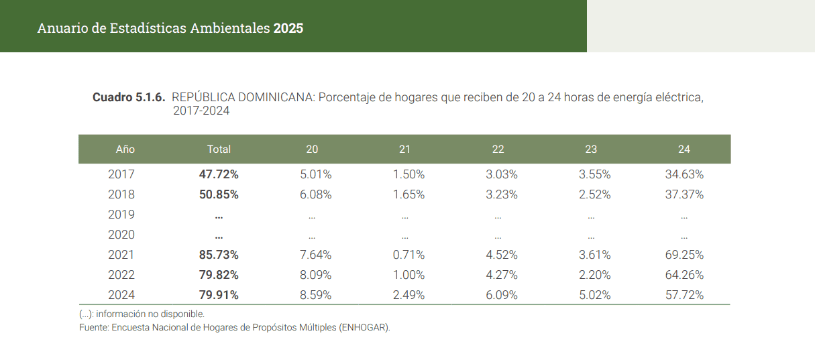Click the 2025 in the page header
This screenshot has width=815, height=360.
[288, 28]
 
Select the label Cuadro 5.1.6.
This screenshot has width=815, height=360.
[129, 97]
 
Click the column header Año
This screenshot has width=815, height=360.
[125, 149]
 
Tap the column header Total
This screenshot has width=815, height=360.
[219, 149]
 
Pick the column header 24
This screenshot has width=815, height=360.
[684, 149]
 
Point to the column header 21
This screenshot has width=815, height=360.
[404, 149]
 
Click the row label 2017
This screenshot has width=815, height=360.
[121, 174]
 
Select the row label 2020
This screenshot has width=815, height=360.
[121, 235]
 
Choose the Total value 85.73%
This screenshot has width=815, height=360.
[219, 255]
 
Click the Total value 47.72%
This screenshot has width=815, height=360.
[219, 174]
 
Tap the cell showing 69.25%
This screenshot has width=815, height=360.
[684, 255]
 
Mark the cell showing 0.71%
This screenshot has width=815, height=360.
[408, 255]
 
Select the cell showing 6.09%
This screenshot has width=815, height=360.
[501, 295]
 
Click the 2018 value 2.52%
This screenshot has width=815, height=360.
[594, 194]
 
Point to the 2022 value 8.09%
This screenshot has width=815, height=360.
[315, 275]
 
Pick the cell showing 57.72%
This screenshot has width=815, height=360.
[684, 295]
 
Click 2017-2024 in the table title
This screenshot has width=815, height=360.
[201, 111]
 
